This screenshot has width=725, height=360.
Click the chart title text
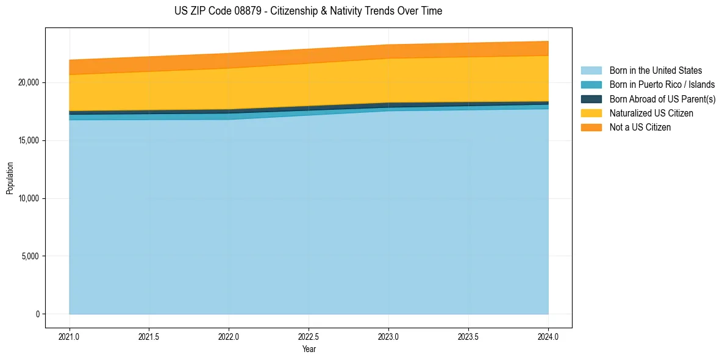pyautogui.click(x=308, y=11)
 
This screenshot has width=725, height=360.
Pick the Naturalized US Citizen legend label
pyautogui.click(x=651, y=113)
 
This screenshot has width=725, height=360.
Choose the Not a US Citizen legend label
pyautogui.click(x=640, y=128)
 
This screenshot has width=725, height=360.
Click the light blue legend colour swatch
pyautogui.click(x=591, y=71)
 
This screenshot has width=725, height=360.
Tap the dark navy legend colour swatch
pyautogui.click(x=591, y=99)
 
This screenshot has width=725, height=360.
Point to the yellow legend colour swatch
pyautogui.click(x=591, y=113)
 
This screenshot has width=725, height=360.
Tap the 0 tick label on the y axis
pyautogui.click(x=38, y=314)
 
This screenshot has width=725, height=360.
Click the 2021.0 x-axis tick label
pyautogui.click(x=69, y=336)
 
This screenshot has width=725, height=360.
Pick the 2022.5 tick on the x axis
pyautogui.click(x=309, y=336)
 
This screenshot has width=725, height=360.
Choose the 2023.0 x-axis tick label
pyautogui.click(x=388, y=336)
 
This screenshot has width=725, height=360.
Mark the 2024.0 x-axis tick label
pyautogui.click(x=548, y=336)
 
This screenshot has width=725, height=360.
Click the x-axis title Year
pyautogui.click(x=309, y=349)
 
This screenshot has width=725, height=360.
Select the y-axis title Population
pyautogui.click(x=10, y=178)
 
